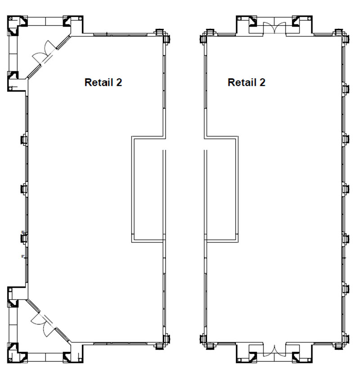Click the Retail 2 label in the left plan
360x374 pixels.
click(x=103, y=82)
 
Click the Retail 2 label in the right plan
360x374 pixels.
click(x=246, y=82)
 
